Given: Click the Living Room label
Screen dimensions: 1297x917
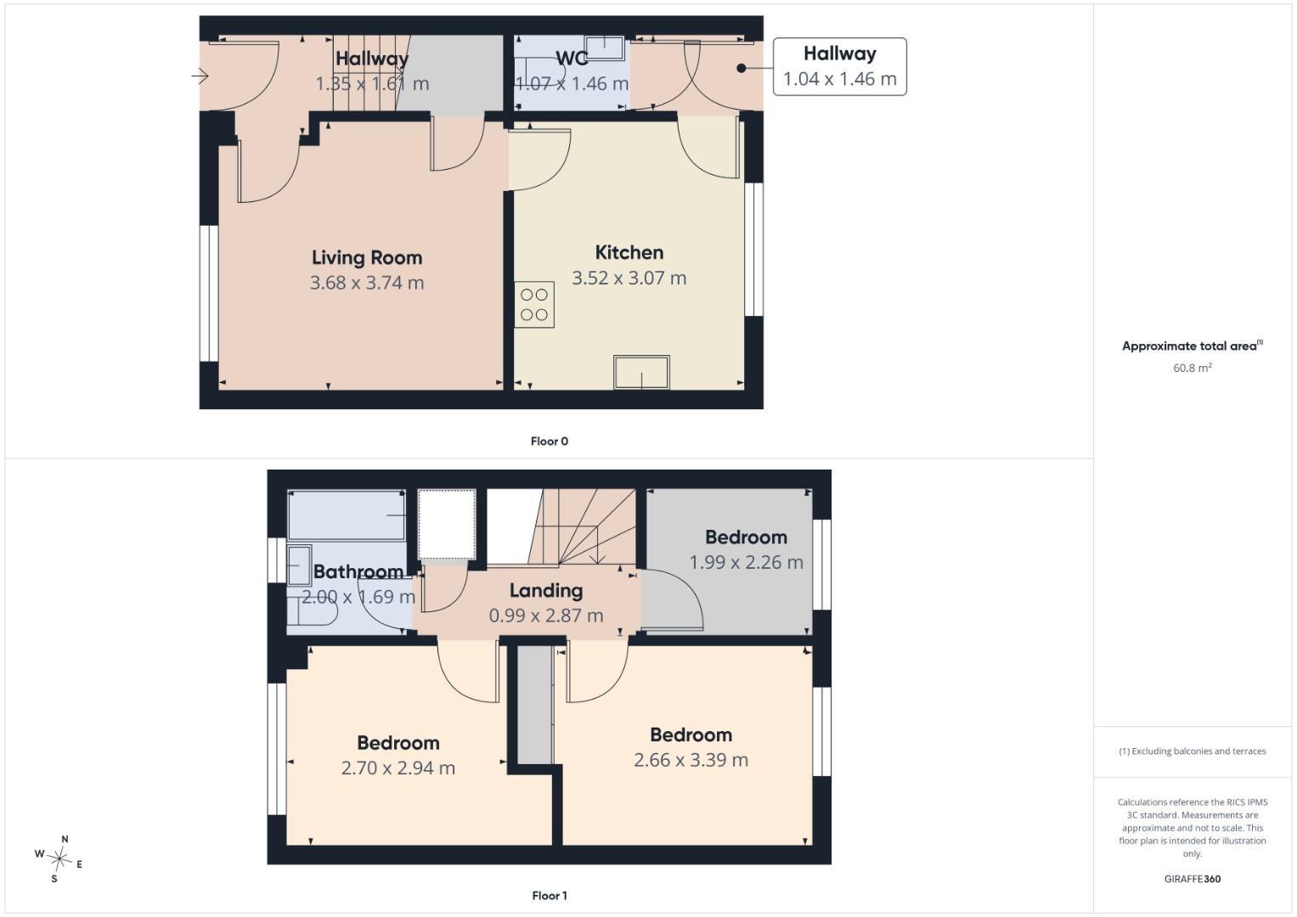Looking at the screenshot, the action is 367,257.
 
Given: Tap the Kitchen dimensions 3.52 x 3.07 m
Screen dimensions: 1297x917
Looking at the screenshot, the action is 629,278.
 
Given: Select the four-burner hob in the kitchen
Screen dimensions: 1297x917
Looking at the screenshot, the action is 534,305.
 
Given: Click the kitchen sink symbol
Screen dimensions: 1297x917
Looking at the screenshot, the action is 641,372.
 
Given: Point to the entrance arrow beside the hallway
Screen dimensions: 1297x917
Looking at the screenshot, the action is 200,76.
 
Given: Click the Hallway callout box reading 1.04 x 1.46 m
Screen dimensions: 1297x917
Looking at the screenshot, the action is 839,66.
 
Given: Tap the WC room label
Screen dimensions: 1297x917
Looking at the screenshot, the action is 572,58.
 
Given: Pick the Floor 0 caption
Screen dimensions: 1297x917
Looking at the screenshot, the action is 550,442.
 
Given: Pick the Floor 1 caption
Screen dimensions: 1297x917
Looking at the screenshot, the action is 550,896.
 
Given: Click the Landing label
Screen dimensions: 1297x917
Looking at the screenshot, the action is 546,590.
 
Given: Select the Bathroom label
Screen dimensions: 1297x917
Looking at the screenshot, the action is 358,572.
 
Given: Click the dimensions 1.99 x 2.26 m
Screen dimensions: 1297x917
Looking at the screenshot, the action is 747,562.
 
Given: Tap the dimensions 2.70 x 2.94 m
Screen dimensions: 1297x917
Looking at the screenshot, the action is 398,768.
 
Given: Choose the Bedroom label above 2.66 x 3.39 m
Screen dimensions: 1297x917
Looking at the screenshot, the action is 691,734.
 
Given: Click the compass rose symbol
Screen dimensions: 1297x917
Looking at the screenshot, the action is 59,859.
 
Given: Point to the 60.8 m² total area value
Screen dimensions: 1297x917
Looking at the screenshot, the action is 1193,368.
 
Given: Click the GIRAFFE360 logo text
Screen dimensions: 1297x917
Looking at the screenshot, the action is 1193,879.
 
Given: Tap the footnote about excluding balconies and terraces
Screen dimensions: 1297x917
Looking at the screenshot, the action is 1193,751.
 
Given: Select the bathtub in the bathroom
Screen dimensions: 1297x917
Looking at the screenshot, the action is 347,515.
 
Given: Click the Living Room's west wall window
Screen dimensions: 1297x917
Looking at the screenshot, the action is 209,294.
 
